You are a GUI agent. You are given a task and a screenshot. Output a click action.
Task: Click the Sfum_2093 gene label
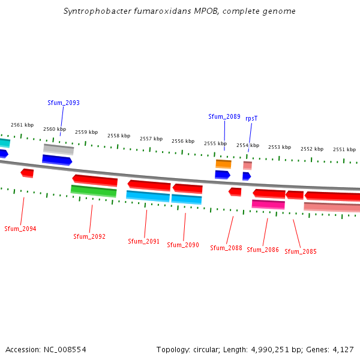click(x=64, y=103)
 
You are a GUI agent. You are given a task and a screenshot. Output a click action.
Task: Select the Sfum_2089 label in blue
click(x=224, y=116)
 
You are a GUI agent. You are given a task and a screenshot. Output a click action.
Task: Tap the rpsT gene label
click(x=251, y=118)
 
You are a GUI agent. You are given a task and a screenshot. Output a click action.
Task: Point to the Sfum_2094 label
click(x=20, y=229)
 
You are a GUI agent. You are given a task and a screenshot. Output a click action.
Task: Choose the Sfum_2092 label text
click(x=89, y=236)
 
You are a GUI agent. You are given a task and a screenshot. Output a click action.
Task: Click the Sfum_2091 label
click(x=143, y=241)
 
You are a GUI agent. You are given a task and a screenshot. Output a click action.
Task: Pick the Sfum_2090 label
click(x=183, y=245)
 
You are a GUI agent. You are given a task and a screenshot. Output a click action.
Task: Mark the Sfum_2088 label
click(x=226, y=248)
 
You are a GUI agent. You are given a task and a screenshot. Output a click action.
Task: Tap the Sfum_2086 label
click(x=263, y=250)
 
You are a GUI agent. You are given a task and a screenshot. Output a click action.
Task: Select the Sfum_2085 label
click(x=301, y=251)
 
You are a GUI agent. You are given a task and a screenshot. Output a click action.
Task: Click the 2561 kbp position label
click(x=22, y=125)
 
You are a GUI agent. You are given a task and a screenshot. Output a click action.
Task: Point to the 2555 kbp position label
click(x=215, y=143)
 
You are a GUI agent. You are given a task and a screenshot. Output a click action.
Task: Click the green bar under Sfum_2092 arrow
click(x=94, y=191)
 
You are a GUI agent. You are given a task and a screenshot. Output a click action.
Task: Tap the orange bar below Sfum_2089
click(x=223, y=163)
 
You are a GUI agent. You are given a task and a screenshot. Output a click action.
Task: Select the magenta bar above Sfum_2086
click(x=268, y=205)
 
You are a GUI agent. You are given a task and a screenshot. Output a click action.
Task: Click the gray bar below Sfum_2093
click(x=58, y=149)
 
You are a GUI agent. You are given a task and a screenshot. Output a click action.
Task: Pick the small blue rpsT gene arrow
click(x=247, y=176)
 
